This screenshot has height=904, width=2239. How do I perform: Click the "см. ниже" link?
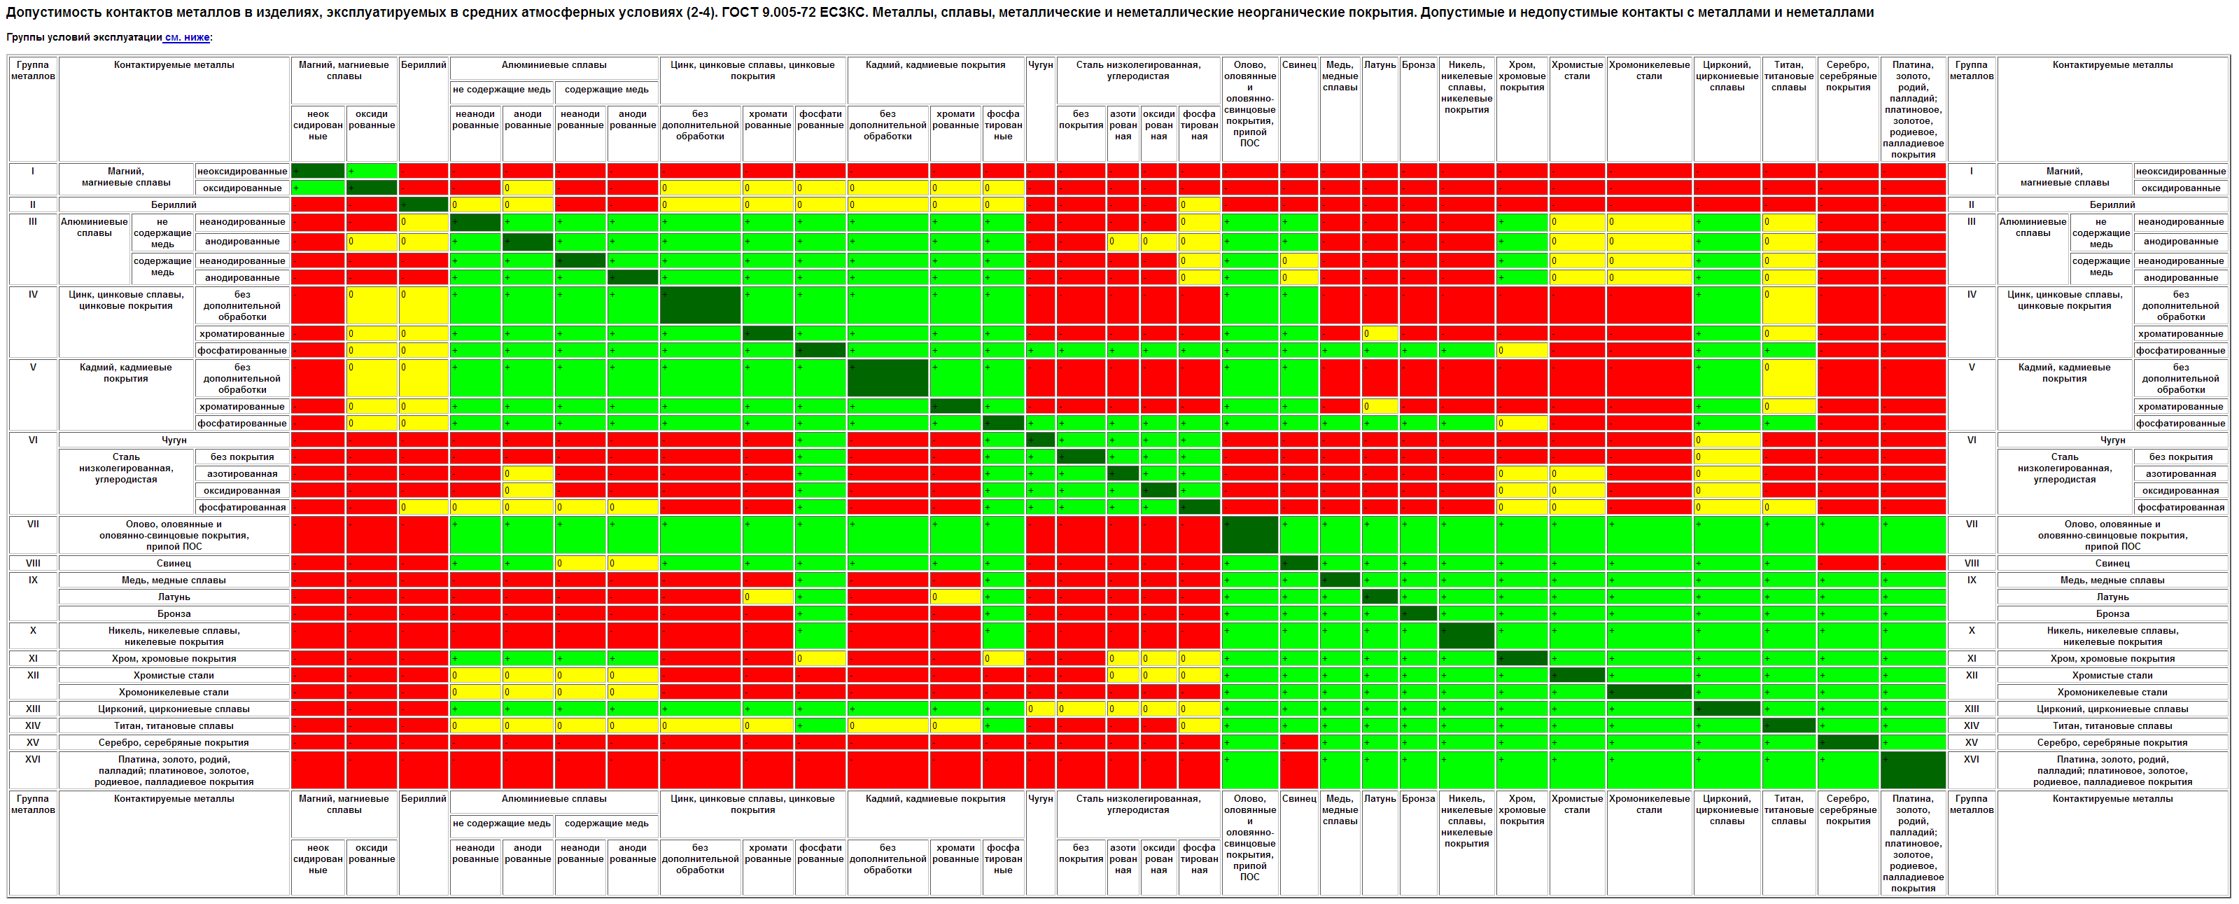pos(187,37)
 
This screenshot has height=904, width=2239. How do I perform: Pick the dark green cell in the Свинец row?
pos(1298,563)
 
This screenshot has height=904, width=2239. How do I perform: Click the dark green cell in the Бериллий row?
pos(423,205)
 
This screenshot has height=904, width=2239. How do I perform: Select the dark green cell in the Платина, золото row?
pos(1912,770)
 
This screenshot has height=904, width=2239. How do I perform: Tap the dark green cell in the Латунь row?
pos(1380,597)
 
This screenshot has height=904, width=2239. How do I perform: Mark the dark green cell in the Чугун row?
pos(1040,440)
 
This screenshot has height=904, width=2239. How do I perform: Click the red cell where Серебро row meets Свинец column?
pos(1298,742)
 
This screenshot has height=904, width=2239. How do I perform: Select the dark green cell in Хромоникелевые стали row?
pos(1649,692)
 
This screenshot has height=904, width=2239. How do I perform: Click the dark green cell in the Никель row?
pos(1466,637)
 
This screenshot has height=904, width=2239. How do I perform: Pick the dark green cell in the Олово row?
pos(1249,534)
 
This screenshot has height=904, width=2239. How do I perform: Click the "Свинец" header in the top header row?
pos(1298,65)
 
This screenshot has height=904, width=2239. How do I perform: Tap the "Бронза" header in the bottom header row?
pos(1419,799)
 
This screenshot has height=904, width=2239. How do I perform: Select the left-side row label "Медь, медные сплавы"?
pos(174,580)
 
